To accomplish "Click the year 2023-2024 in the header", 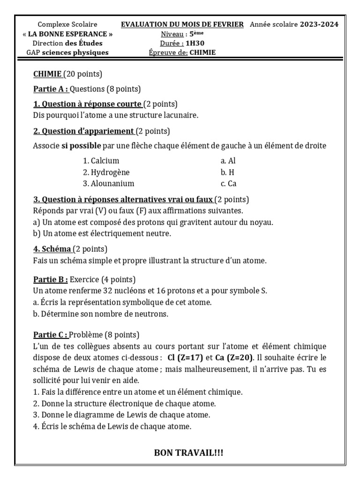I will (319, 24).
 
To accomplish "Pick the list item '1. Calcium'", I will (101, 161).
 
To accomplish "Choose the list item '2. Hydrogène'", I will (106, 172).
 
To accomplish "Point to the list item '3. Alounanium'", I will (109, 184).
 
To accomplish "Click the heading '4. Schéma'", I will (52, 249).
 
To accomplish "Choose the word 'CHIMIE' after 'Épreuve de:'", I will (202, 52).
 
